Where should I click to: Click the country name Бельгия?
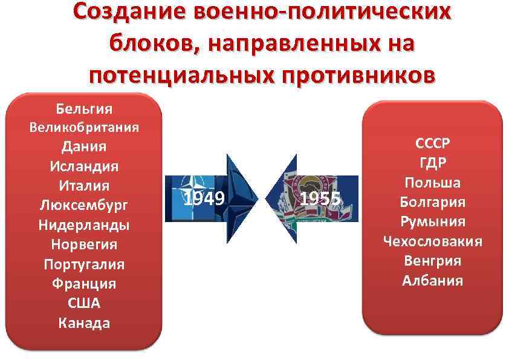(84, 110)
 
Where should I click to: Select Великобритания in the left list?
(84, 128)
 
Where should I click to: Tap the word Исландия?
(84, 165)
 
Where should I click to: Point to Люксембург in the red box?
(84, 205)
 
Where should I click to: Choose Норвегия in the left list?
(84, 244)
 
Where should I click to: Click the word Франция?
(84, 283)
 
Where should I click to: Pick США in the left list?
(84, 303)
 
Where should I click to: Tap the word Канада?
(84, 322)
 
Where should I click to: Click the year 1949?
(204, 198)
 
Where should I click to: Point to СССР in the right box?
(432, 145)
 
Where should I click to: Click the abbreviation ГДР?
(432, 164)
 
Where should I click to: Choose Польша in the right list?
(432, 183)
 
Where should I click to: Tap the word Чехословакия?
(432, 241)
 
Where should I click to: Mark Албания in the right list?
(432, 280)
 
